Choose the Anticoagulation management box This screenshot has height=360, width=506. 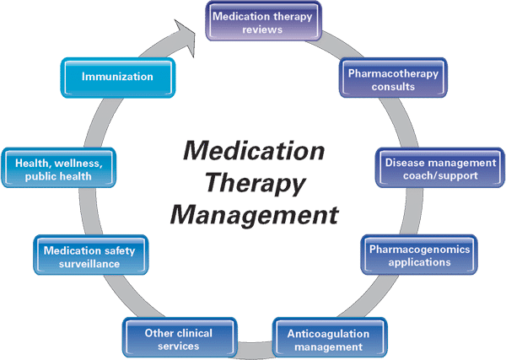331,339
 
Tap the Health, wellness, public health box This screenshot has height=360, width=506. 59,169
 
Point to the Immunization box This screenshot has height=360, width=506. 117,77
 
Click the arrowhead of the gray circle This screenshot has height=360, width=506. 187,34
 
